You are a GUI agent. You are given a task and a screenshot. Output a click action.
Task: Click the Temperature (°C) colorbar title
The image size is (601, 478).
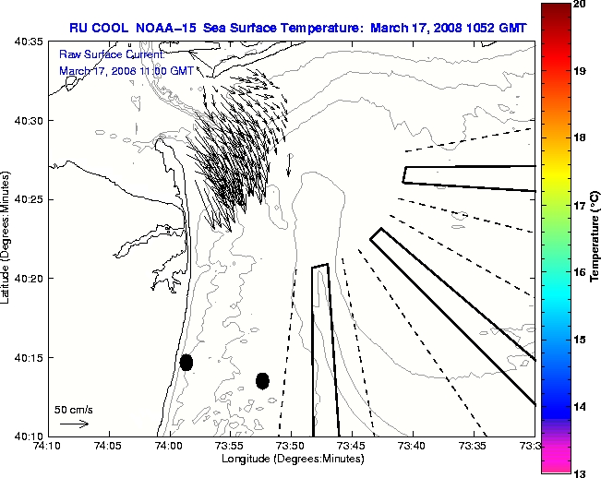coord(595,239)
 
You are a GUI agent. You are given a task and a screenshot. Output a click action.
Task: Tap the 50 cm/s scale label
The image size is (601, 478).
coord(74,409)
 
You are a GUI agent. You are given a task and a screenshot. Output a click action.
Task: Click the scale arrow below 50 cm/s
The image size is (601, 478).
coord(74,424)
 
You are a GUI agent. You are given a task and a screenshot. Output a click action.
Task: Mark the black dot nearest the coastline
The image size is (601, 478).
coord(186,362)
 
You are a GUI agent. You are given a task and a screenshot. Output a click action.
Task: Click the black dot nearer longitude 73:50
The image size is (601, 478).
coord(262,380)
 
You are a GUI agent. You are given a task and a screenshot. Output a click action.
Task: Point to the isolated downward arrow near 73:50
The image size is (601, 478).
coord(289,164)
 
